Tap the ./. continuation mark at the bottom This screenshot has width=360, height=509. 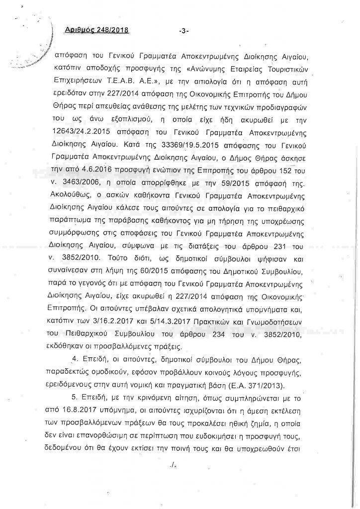174,466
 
